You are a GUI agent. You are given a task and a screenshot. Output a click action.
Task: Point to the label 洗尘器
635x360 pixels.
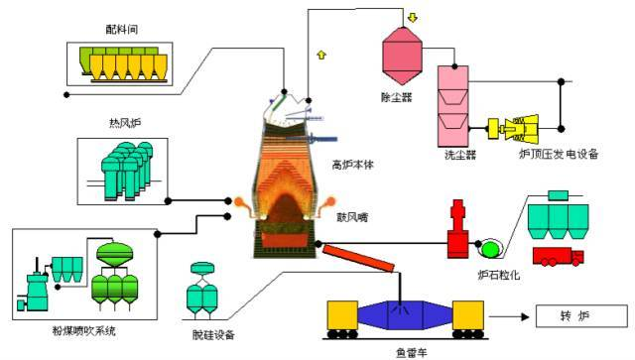[459, 155]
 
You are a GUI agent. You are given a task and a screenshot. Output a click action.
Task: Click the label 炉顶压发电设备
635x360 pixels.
[560, 155]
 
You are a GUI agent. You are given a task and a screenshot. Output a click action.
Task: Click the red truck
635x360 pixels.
[558, 257]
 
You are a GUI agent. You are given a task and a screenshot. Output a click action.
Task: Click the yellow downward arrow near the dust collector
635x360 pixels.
[411, 18]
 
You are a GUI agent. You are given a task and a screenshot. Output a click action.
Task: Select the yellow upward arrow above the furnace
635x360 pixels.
[320, 54]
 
